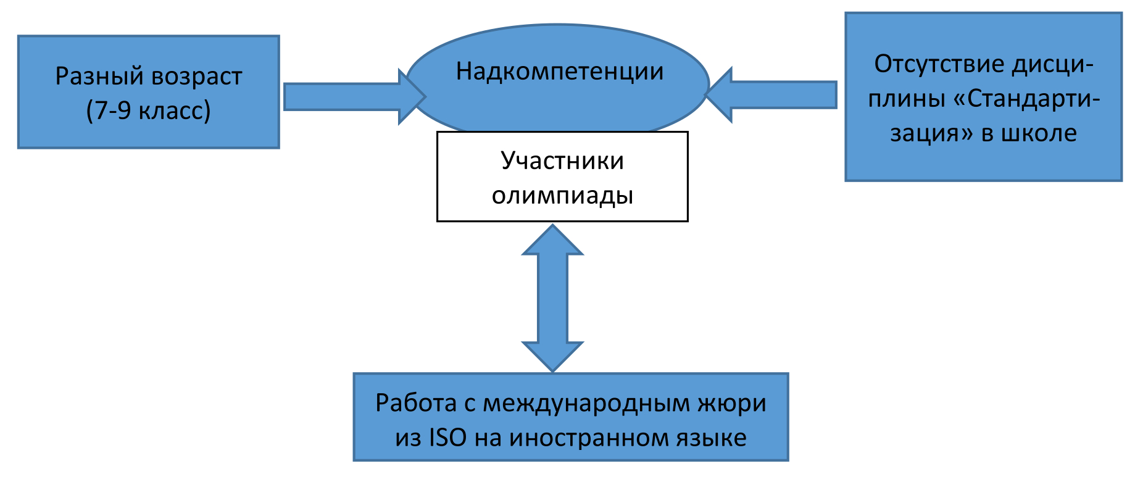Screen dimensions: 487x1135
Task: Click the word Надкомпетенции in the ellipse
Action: tap(559, 72)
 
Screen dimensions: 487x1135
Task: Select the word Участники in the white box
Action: tap(562, 160)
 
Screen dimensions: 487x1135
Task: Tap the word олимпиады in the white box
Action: tap(562, 195)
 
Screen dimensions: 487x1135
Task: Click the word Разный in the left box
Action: tap(100, 77)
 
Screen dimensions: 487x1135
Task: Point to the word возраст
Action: tap(196, 77)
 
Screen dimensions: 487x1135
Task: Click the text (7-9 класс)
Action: tap(148, 110)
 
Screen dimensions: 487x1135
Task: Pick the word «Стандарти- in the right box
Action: tap(1027, 99)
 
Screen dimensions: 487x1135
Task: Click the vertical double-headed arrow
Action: tap(552, 298)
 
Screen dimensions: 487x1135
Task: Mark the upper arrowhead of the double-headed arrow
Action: tap(552, 241)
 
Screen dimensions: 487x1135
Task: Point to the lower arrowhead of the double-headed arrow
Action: tap(552, 356)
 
